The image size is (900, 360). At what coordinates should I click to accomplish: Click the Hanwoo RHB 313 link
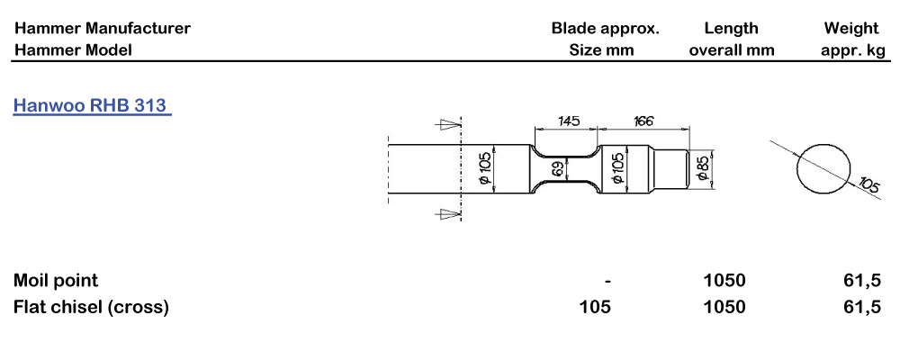coord(92,105)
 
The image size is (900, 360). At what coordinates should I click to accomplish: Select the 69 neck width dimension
coord(558,168)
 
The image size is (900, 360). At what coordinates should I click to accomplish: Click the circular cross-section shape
coord(823,166)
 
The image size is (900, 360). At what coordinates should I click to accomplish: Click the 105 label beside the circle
coord(868,186)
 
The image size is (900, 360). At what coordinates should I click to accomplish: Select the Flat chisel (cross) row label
coord(91,307)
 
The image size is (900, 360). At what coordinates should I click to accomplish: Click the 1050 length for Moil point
coord(724,281)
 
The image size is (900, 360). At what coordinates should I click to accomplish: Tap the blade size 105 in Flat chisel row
coord(595,307)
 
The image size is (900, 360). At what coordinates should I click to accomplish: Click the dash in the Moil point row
coord(609,281)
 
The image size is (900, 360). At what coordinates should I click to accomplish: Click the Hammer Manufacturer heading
coord(102,28)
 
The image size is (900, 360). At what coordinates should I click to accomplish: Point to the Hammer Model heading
coord(73,49)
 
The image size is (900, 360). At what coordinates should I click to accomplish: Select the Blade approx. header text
coord(606,28)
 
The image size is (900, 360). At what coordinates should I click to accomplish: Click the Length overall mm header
coord(731,39)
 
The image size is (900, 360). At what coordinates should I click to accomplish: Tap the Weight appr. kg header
coord(852,39)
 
